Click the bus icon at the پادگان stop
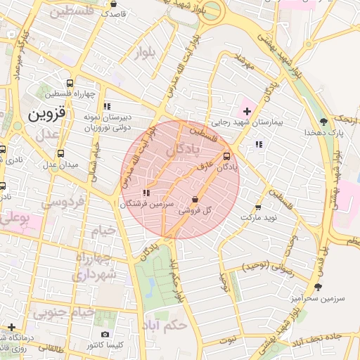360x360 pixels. click(x=226, y=157)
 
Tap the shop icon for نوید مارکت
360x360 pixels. click(x=258, y=207)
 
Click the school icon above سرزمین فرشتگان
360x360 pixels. click(x=146, y=193)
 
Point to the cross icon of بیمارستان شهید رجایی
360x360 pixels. click(x=246, y=110)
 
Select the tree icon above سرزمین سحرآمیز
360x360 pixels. click(x=319, y=287)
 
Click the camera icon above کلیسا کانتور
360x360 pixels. click(x=105, y=335)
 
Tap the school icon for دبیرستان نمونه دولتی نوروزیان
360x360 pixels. click(x=106, y=106)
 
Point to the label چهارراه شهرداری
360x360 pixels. click(x=92, y=265)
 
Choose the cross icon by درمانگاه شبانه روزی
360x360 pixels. click(x=11, y=327)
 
